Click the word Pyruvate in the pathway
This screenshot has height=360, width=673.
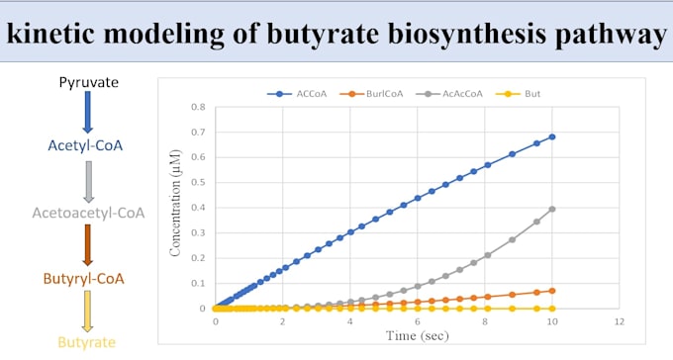(88, 82)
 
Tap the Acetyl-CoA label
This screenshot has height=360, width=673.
(85, 145)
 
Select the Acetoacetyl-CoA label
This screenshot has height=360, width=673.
(88, 213)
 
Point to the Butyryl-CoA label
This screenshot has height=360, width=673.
(84, 279)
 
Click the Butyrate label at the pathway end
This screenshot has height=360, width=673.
(87, 342)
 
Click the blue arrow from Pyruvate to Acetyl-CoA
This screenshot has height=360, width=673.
(87, 112)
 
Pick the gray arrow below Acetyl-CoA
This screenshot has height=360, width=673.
(88, 182)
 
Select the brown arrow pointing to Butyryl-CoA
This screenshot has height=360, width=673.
(87, 245)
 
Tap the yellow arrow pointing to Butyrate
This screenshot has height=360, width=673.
(87, 312)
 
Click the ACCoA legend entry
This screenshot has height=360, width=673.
(297, 94)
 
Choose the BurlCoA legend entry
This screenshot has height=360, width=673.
(371, 94)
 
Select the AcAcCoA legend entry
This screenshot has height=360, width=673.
(449, 94)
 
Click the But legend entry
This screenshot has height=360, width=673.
(518, 94)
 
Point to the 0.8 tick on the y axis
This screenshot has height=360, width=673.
(198, 107)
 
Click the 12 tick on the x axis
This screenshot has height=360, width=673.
(619, 321)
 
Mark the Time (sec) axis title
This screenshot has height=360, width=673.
(418, 335)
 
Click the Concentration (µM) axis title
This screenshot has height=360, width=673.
(175, 204)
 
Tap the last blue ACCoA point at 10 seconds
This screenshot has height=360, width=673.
(552, 136)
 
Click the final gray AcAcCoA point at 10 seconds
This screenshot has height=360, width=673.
(552, 209)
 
